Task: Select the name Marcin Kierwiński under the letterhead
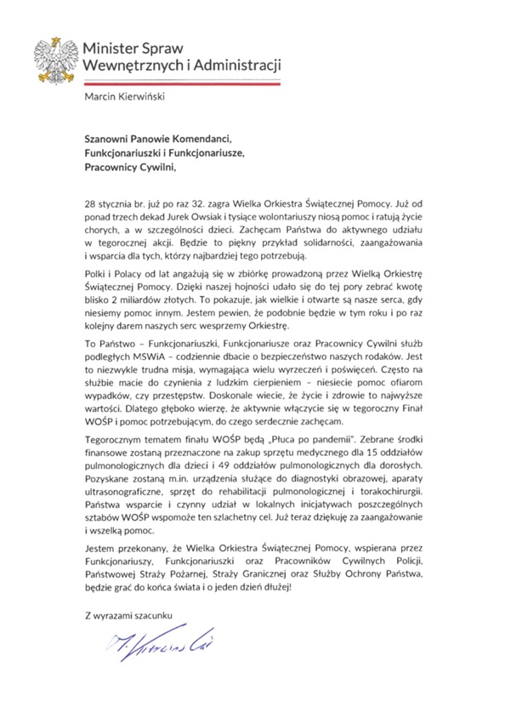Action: point(127,95)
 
